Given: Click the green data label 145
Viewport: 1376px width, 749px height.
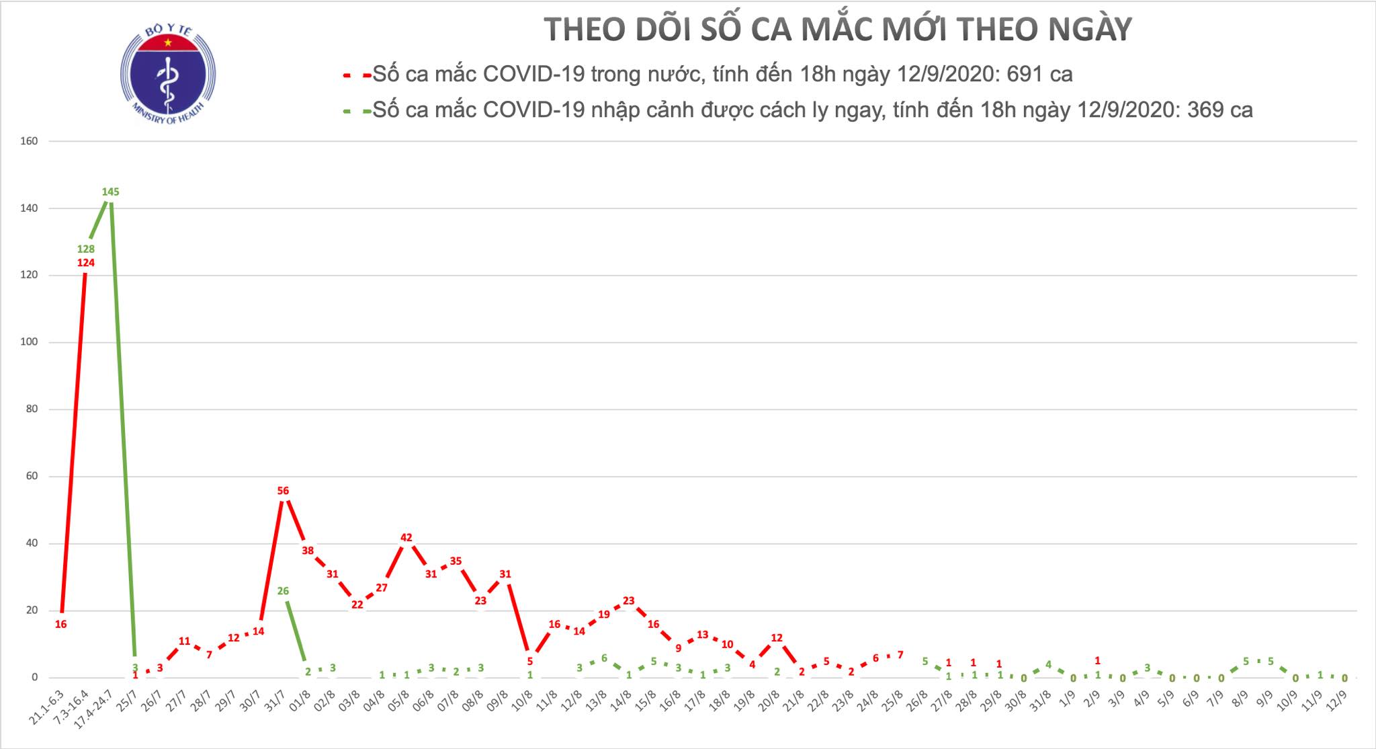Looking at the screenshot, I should coord(110,192).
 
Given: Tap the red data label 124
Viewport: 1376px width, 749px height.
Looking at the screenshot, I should coord(86,263).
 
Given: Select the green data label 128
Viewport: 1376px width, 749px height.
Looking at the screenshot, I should coord(86,249).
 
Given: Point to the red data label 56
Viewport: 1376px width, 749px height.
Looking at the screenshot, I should coord(283,491).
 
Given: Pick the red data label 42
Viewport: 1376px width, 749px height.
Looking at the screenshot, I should coord(406,538).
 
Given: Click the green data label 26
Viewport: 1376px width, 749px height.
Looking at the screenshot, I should coord(283,592).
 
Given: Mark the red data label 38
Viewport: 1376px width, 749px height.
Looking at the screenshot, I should coord(308,551).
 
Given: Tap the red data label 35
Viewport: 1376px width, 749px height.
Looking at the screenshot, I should coord(456,561).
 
